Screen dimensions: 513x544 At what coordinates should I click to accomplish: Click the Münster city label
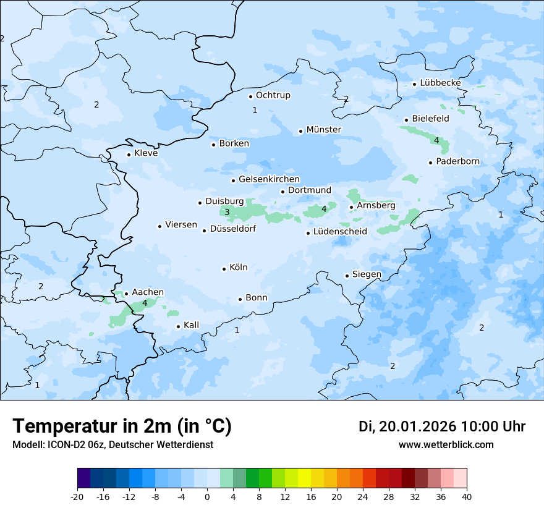323,130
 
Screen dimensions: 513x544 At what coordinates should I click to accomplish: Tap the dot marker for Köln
224,269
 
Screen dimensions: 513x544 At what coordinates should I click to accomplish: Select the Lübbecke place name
440,83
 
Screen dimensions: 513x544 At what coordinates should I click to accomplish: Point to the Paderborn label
457,162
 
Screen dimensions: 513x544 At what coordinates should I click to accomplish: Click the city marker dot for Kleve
129,155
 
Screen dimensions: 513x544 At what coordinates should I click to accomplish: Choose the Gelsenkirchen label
269,179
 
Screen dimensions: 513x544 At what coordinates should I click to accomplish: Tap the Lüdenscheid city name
340,232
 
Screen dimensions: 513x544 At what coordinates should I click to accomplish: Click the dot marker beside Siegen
347,276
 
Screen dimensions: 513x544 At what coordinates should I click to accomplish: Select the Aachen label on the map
148,292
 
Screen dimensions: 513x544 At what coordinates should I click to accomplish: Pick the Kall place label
191,325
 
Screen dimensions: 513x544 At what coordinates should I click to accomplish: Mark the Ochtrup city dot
250,96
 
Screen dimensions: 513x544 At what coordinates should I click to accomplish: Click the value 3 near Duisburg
227,213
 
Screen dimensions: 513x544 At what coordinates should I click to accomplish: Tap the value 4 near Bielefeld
436,141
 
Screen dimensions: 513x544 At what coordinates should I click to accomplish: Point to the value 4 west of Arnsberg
324,210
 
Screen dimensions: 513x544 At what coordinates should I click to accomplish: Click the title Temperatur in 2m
122,426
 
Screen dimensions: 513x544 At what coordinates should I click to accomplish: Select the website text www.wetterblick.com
446,445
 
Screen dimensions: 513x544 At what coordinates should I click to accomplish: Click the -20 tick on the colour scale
77,497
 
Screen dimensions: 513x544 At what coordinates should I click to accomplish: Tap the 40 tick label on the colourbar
467,497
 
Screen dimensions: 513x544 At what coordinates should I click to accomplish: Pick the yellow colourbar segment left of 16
304,478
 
